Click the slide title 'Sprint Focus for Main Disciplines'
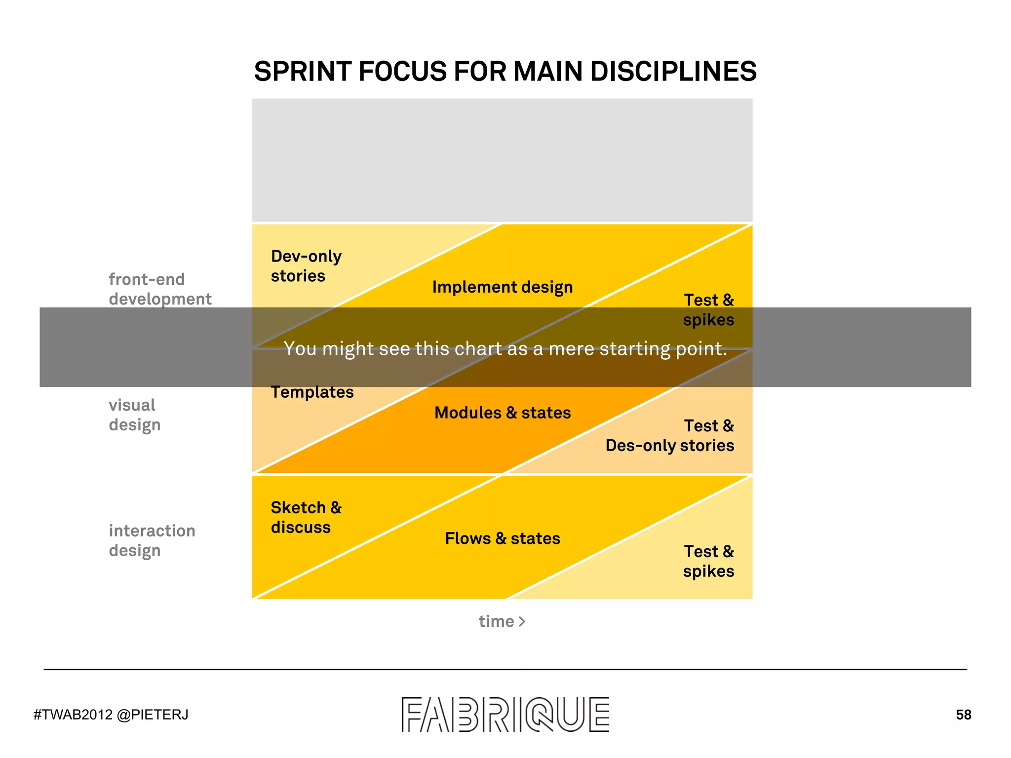coord(505,71)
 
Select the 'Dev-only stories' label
coord(306,266)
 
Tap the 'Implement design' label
coord(503,287)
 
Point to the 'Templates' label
coord(312,392)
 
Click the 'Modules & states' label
coord(503,413)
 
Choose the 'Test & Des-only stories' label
coord(670,436)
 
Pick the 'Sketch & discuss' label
coord(306,517)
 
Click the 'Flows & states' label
coord(503,538)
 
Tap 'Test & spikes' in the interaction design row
coord(708,561)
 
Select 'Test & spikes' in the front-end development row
coord(708,310)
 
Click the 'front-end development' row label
coord(160,289)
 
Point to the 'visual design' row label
coord(134,415)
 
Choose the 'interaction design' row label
coord(152,540)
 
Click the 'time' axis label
coord(496,621)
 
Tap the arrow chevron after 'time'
coord(522,621)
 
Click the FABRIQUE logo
coord(505,714)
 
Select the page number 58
coord(963,715)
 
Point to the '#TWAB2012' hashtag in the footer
coord(73,715)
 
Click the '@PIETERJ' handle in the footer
coord(153,715)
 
